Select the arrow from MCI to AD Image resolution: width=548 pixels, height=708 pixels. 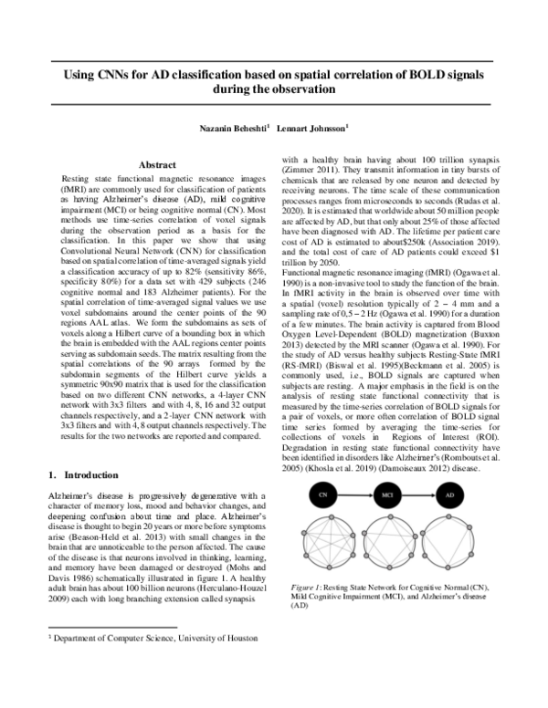click(x=418, y=494)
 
